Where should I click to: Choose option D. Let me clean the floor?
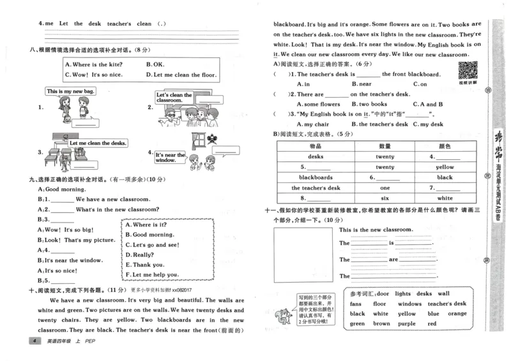pyautogui.click(x=181, y=75)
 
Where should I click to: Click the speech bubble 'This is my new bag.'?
pyautogui.click(x=70, y=92)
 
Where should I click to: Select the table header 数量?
pyautogui.click(x=385, y=146)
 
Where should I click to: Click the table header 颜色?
pyautogui.click(x=444, y=146)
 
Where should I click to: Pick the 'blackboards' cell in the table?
pyautogui.click(x=316, y=177)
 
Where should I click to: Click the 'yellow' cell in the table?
pyautogui.click(x=444, y=167)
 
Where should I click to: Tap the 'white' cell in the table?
pyautogui.click(x=444, y=198)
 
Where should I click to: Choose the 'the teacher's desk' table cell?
pyautogui.click(x=316, y=188)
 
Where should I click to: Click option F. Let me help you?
pyautogui.click(x=153, y=275)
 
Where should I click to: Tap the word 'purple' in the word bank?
pyautogui.click(x=406, y=323)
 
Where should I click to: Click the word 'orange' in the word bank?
pyautogui.click(x=457, y=314)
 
